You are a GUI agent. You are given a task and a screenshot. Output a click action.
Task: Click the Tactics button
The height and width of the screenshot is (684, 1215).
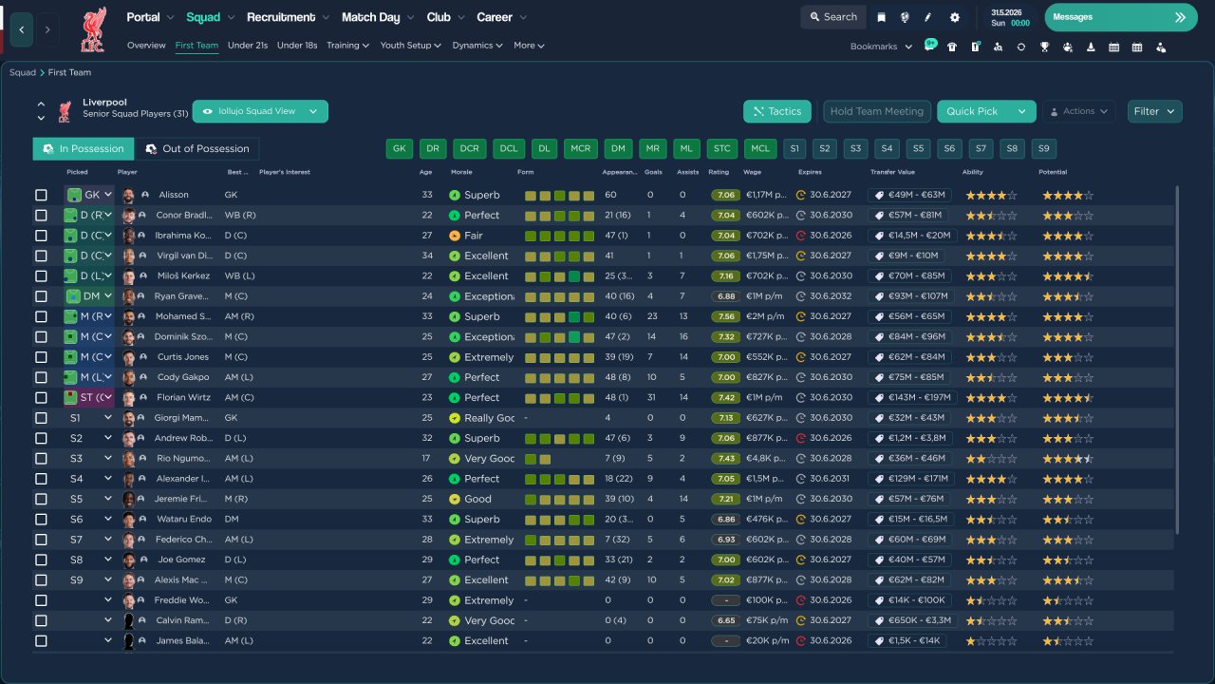point(776,111)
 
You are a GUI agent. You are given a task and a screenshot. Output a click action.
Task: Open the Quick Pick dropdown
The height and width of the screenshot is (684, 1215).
point(1021,111)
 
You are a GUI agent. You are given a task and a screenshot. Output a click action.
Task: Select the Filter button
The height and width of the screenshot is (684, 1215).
point(1154,111)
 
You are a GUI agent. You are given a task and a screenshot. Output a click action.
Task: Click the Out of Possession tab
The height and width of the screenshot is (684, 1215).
point(197,149)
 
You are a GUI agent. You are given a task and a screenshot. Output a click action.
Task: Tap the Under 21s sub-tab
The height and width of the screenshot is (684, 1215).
point(248,46)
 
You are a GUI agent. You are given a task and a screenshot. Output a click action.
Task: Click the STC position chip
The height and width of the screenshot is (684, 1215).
point(721,149)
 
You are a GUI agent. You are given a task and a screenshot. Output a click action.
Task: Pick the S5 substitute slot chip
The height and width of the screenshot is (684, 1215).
point(916,149)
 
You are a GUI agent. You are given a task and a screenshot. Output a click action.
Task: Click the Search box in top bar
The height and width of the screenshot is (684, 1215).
point(832,17)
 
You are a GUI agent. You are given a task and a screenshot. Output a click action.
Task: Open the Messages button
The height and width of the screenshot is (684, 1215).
point(1120,17)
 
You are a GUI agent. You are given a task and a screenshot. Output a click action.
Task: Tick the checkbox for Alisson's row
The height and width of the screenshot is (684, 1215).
point(41,195)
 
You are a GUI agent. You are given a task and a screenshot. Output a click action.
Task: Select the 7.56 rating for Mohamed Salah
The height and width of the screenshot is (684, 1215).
point(726,317)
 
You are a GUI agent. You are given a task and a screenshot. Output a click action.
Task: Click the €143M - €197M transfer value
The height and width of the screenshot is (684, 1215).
point(912,398)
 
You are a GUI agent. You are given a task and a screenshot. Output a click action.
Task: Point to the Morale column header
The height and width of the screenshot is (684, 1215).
point(461,173)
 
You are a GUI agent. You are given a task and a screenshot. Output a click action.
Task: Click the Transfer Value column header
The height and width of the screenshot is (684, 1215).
point(892,173)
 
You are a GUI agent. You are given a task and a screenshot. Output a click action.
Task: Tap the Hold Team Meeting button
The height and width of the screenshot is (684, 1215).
point(876,111)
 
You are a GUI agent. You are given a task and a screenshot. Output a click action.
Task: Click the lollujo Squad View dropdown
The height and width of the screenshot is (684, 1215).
point(260,111)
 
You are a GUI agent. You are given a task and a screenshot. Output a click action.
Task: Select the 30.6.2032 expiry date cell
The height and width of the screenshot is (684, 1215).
point(830,296)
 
